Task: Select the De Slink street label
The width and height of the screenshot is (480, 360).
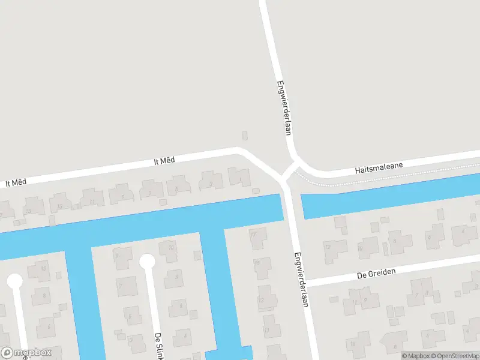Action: click(x=160, y=346)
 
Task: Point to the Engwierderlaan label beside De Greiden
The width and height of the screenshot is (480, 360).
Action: click(x=300, y=278)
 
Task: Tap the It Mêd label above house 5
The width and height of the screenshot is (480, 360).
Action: click(x=164, y=160)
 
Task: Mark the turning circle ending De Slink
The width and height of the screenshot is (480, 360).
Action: click(x=147, y=261)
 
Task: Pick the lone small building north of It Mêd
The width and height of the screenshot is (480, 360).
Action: click(x=244, y=136)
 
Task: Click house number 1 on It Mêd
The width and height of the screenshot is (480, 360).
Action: click(x=239, y=178)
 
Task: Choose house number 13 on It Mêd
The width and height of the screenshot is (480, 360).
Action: click(x=59, y=206)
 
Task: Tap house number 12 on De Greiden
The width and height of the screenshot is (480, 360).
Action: click(x=328, y=247)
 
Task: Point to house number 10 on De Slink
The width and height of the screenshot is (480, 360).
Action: click(x=171, y=247)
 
